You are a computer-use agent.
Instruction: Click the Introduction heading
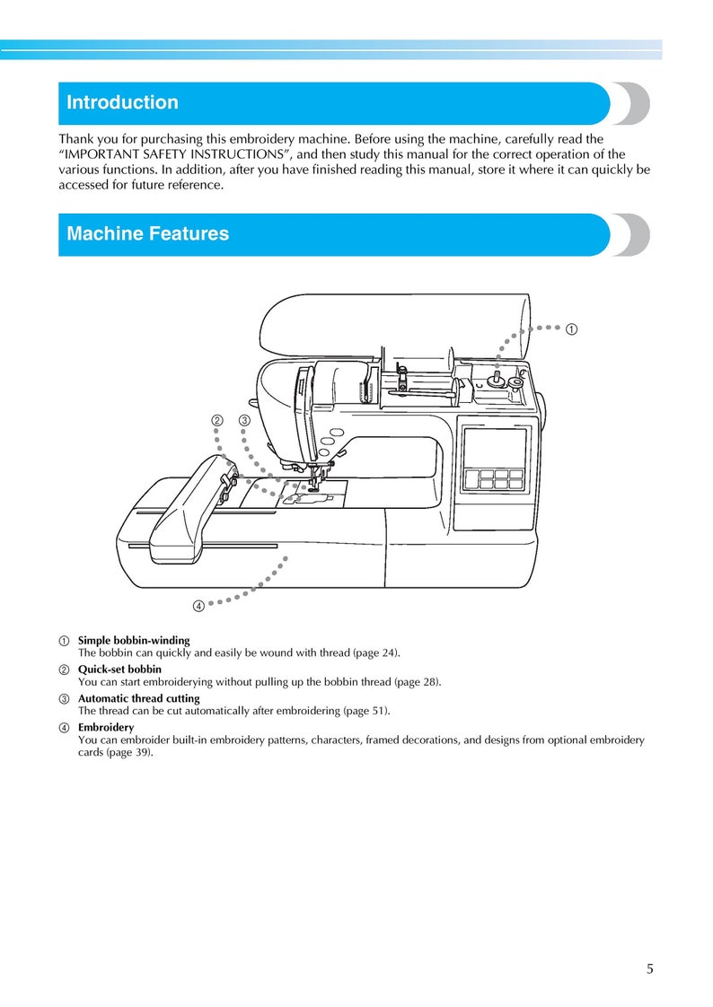click(122, 102)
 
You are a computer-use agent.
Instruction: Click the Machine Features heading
click(147, 233)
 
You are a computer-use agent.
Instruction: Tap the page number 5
click(649, 968)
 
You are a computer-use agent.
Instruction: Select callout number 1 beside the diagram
click(571, 328)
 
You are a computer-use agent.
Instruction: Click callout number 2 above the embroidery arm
click(216, 420)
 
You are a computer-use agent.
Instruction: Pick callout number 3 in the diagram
click(243, 420)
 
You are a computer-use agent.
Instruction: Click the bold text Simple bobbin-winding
click(134, 641)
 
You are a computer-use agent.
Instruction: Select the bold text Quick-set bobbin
click(119, 670)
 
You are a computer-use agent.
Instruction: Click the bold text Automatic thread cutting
click(138, 698)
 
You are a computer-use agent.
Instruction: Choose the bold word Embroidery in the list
click(106, 727)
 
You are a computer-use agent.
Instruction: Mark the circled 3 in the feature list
click(65, 699)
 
